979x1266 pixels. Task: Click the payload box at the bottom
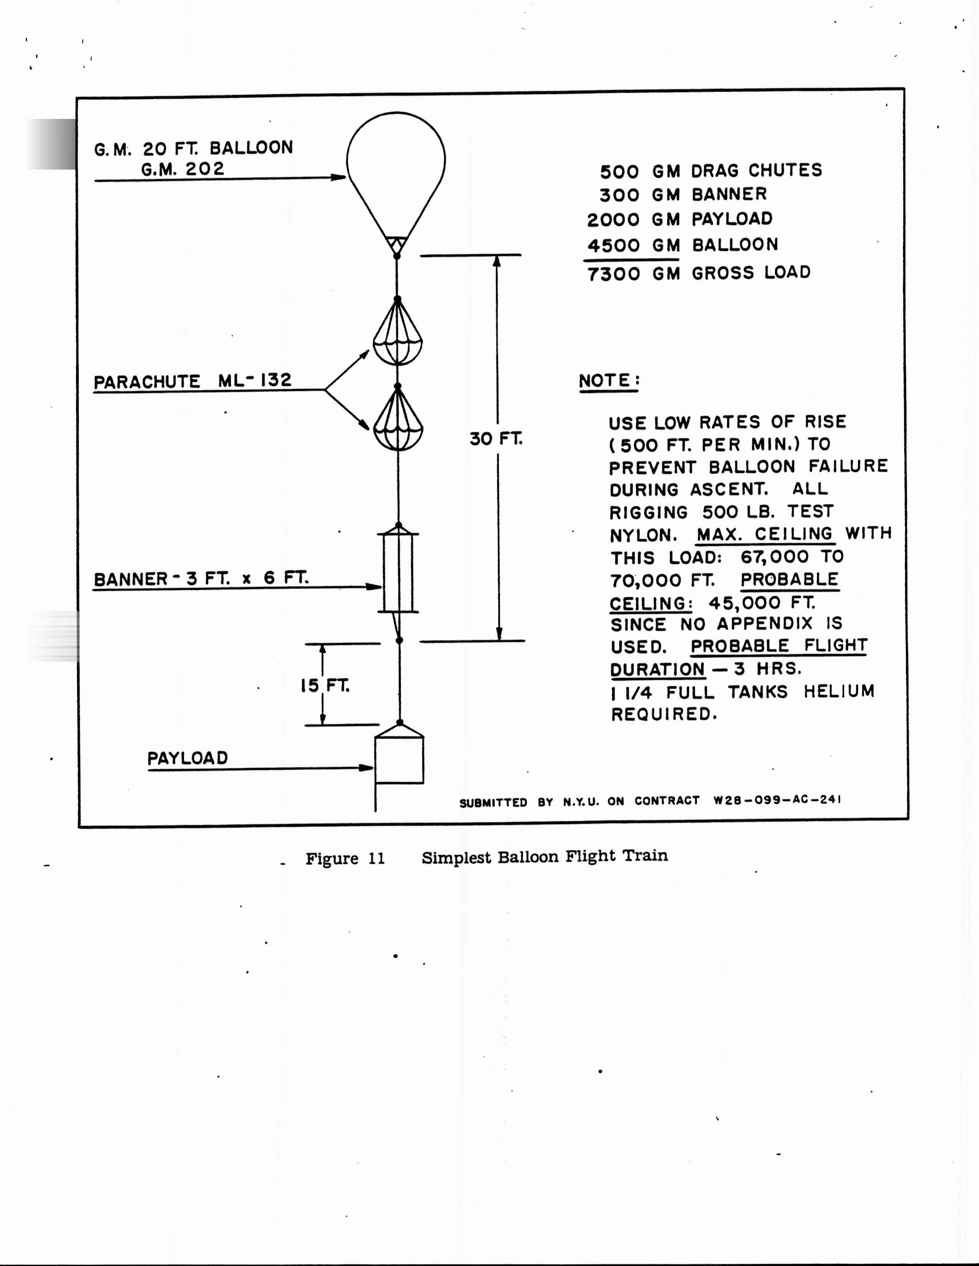(x=399, y=759)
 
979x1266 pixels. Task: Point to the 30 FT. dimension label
(x=496, y=439)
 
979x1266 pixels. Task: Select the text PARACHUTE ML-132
(x=193, y=381)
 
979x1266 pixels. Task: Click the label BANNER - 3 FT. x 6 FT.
(x=201, y=579)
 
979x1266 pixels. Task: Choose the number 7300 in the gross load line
(x=614, y=274)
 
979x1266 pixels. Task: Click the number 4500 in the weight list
(x=614, y=245)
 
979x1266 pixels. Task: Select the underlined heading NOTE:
(x=609, y=381)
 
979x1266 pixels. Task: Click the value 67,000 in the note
(x=774, y=557)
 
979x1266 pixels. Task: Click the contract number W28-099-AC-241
(x=777, y=800)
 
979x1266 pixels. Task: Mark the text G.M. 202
(x=182, y=169)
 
